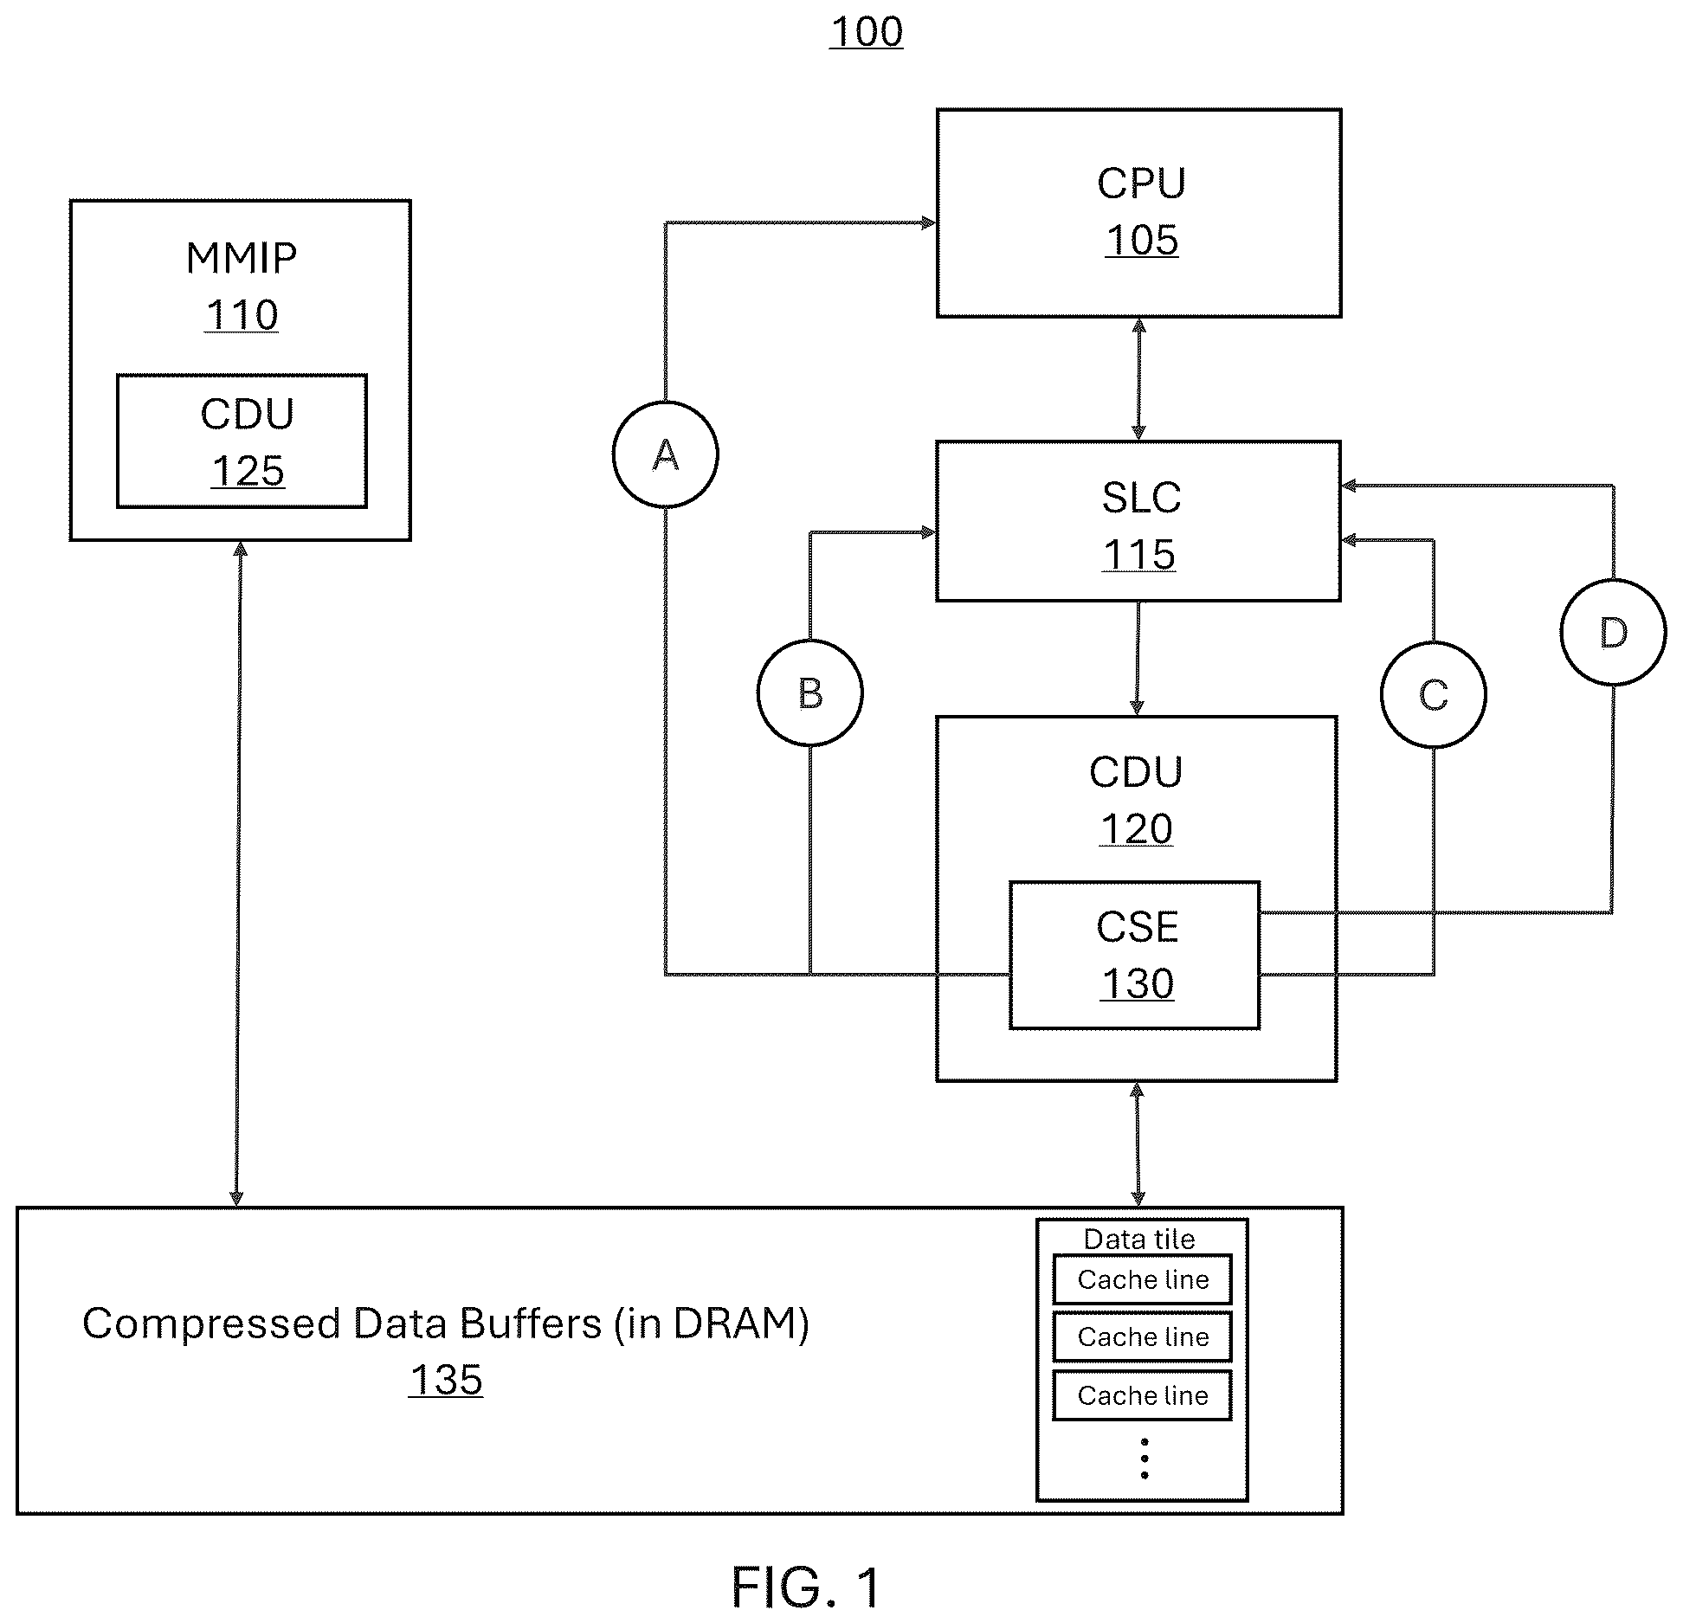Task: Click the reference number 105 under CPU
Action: (1142, 240)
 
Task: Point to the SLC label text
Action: (1141, 498)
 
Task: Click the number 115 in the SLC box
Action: (1139, 555)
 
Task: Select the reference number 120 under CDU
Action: (1137, 829)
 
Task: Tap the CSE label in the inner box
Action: (1137, 927)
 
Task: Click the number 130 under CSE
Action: (1137, 984)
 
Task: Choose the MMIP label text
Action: (242, 258)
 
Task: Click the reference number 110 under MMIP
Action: (242, 315)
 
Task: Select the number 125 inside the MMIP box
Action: (248, 472)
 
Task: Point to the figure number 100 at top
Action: (867, 32)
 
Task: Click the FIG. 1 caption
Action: (806, 1588)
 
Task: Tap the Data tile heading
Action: (1139, 1239)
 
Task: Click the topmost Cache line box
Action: (1143, 1279)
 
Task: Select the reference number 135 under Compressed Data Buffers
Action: (446, 1380)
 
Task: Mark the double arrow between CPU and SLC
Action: (1138, 379)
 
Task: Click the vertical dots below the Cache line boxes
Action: (1145, 1459)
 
